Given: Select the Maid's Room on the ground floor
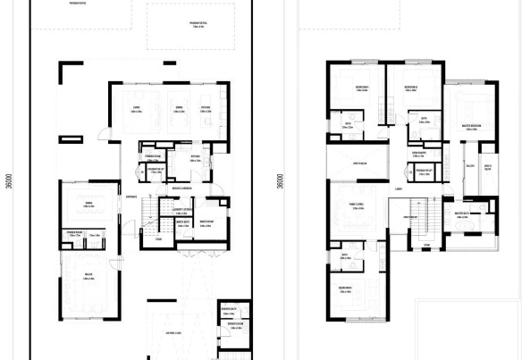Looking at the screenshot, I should (205, 223).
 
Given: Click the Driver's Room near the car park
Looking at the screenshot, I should (230, 311).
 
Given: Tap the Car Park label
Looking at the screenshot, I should (172, 333).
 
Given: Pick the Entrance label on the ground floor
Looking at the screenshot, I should (130, 197).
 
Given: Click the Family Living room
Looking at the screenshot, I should (356, 205).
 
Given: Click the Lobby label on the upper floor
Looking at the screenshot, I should (396, 190).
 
